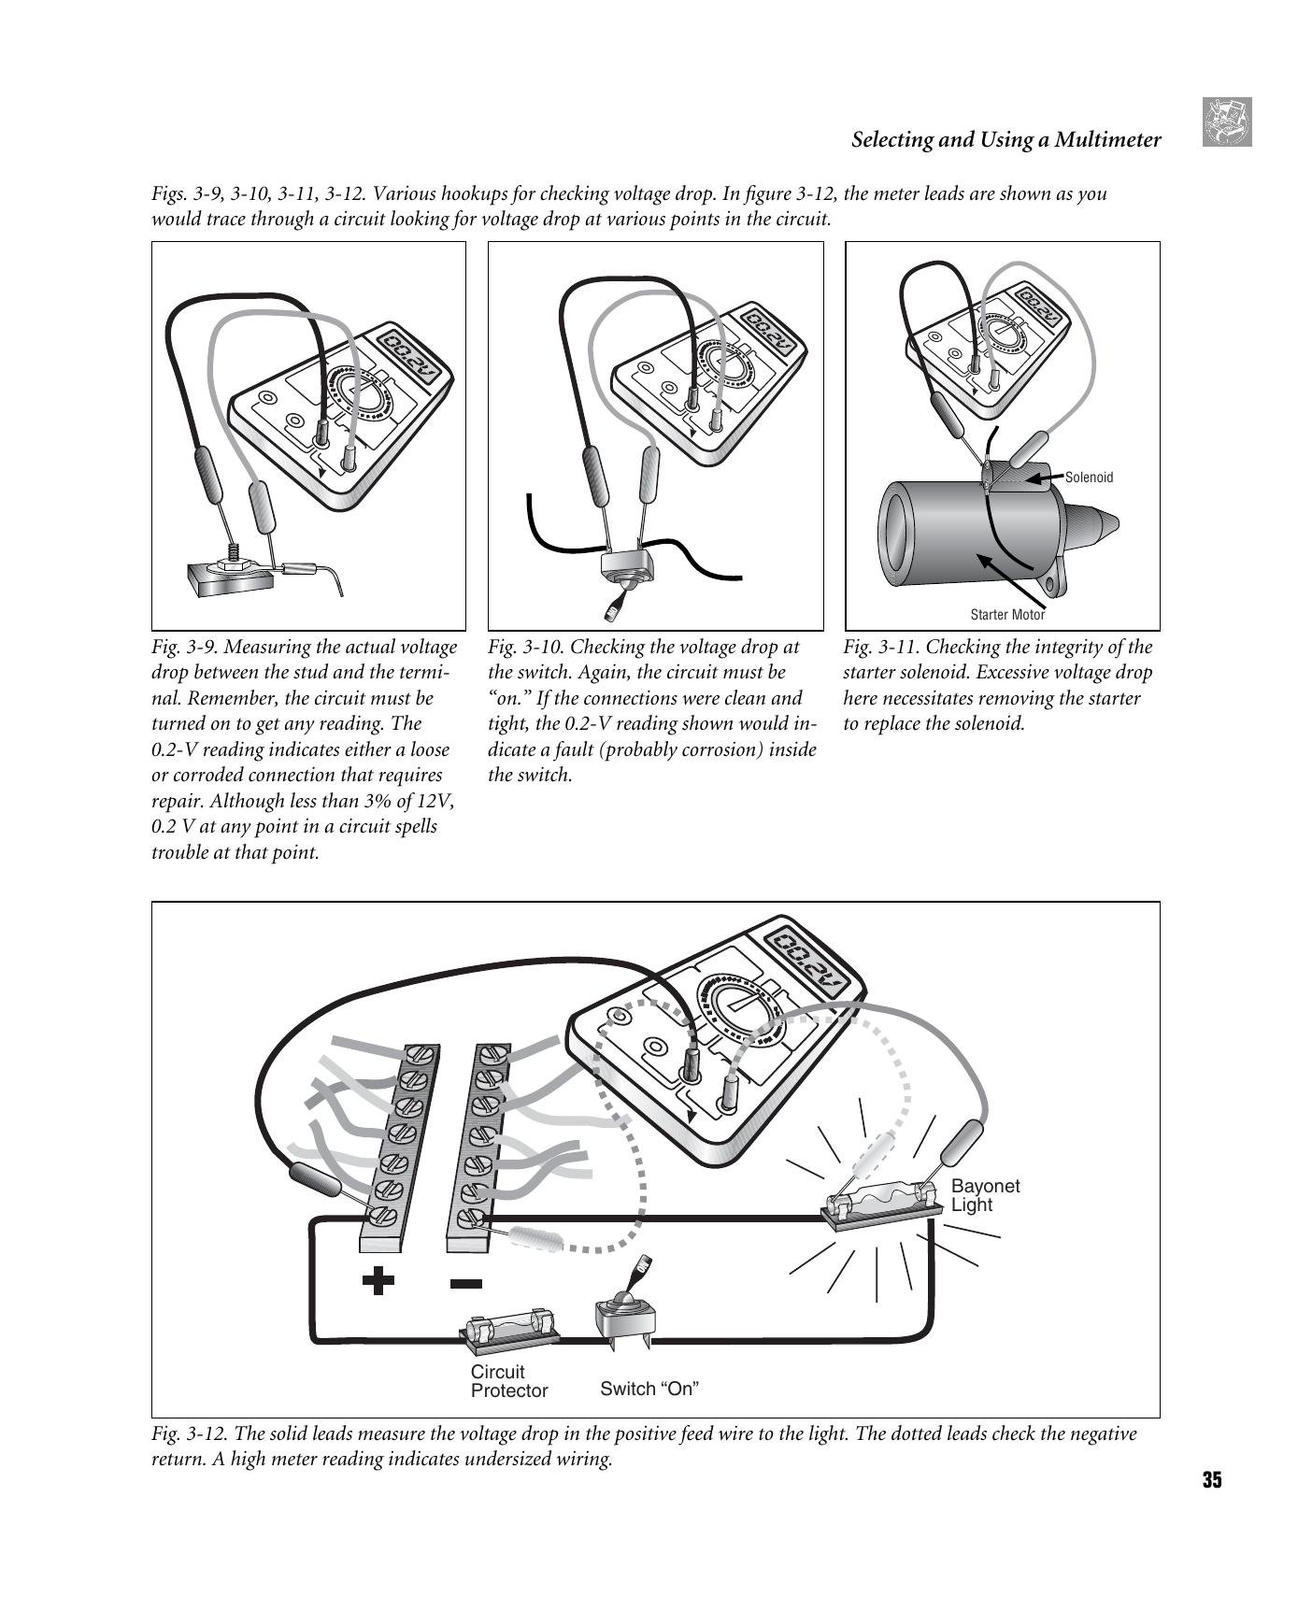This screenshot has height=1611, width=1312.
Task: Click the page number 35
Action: point(1211,1479)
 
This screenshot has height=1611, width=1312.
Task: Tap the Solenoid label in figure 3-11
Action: point(1089,478)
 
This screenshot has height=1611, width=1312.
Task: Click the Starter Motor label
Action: point(1007,614)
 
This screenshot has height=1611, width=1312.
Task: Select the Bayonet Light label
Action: point(985,1195)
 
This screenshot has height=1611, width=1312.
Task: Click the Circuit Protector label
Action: point(508,1381)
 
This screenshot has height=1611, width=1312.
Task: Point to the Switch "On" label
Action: point(649,1389)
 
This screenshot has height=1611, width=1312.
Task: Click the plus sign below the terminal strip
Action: point(378,1280)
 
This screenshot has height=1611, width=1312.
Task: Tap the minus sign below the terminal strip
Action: point(466,1283)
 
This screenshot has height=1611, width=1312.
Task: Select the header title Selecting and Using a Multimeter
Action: point(1005,140)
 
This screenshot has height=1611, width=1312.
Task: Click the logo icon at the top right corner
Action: point(1226,122)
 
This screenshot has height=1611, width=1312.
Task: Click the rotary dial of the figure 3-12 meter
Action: point(744,1014)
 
